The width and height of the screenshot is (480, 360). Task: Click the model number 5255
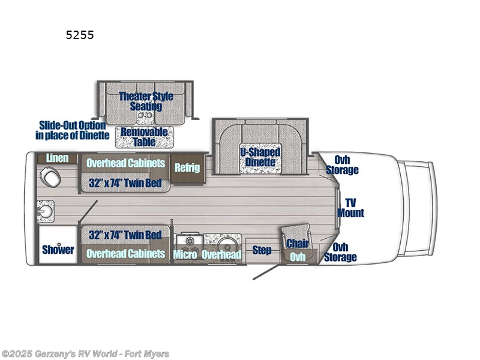[80, 35]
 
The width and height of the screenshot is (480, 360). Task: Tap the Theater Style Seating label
[146, 101]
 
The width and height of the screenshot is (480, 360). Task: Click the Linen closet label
[58, 158]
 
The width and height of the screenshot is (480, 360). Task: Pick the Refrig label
[187, 167]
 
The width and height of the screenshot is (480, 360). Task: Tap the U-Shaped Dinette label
[260, 157]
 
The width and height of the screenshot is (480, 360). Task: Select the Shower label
[58, 250]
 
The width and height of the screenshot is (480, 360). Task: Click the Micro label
[186, 254]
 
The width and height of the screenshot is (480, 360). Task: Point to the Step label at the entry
[262, 250]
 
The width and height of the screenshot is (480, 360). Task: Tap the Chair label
[297, 243]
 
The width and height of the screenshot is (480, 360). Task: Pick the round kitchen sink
[226, 245]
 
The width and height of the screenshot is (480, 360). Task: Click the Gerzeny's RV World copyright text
[85, 354]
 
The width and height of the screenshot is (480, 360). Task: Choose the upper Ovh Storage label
[342, 165]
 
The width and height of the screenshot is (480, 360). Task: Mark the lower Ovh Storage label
[341, 252]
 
